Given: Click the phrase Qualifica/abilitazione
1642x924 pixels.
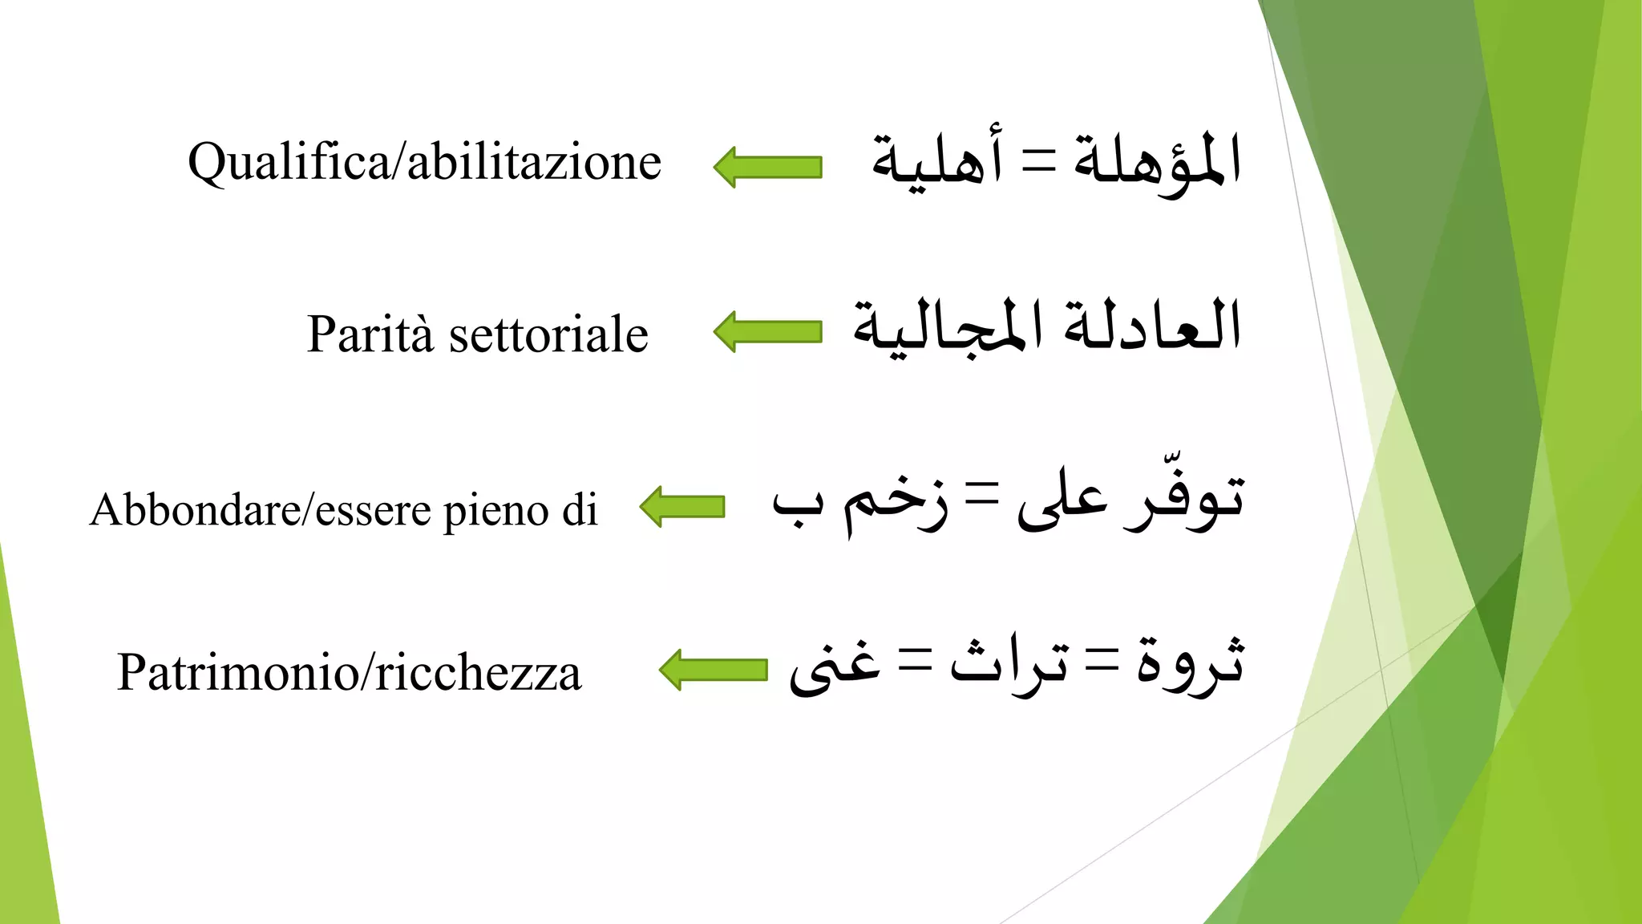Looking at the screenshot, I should tap(424, 163).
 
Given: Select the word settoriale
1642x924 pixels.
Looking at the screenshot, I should tap(548, 334).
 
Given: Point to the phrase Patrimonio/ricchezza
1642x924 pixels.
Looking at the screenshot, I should tap(349, 672).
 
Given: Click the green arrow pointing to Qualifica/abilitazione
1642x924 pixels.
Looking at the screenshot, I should tap(767, 167).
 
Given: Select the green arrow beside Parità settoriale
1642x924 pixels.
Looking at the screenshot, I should tap(767, 331).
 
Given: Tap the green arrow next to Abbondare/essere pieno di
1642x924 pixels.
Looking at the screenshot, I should tap(682, 507).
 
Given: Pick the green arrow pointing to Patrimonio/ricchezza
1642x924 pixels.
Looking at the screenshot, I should tap(713, 670).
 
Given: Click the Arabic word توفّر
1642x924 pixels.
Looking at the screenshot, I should tap(1183, 501).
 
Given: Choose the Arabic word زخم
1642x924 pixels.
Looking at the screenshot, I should tap(895, 505).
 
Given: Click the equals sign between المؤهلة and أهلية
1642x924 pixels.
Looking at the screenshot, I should tap(1038, 160).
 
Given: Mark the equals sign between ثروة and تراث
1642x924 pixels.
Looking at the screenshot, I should tap(1102, 663).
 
